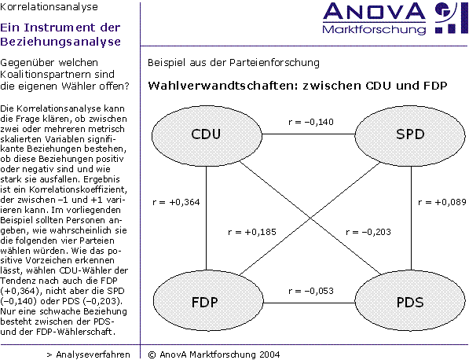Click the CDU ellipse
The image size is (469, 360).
pos(207,135)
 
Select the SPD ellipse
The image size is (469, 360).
pos(410,135)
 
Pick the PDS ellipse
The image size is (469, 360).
pos(410,301)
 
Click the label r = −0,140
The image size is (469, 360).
pos(311,122)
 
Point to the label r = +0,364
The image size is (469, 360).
pos(176,202)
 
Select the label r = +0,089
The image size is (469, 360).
pos(442,202)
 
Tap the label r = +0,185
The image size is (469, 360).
pos(252,232)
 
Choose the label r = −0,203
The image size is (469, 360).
pos(368,232)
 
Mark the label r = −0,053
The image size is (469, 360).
pos(311,291)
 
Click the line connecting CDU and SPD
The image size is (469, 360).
pos(309,134)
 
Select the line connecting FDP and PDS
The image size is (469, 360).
pos(309,303)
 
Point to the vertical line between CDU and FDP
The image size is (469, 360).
pos(206,219)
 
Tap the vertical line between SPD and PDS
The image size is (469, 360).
pos(411,219)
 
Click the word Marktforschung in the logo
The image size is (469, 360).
pos(374,30)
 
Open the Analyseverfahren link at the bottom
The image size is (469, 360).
pos(89,354)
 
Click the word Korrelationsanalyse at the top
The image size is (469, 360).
pos(49,7)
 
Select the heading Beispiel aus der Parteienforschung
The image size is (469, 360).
pos(233,63)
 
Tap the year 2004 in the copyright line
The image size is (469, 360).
pos(269,354)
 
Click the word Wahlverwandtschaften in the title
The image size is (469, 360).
pos(223,86)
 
